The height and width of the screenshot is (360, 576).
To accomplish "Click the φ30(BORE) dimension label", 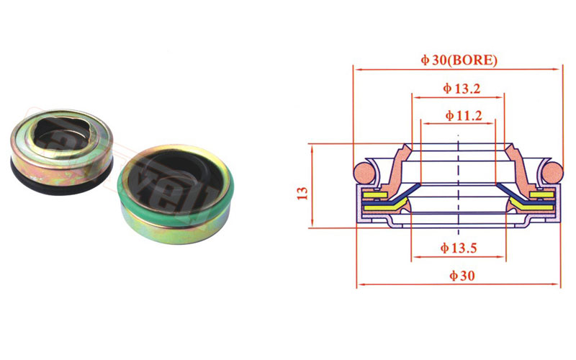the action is pos(459,60).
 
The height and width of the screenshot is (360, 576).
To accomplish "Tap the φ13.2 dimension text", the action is pos(462,89).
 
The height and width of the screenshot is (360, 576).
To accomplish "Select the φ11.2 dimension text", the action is pos(463,116).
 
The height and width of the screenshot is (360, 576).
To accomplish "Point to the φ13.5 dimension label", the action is pos(459,248).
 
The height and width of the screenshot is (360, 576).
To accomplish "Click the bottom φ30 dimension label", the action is pos(462,276).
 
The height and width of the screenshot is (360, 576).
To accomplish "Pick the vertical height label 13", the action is pos(302,193).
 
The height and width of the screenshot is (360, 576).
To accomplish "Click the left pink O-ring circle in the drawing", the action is pos(364,172).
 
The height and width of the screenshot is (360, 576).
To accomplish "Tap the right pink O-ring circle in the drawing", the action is pos(552,172).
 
